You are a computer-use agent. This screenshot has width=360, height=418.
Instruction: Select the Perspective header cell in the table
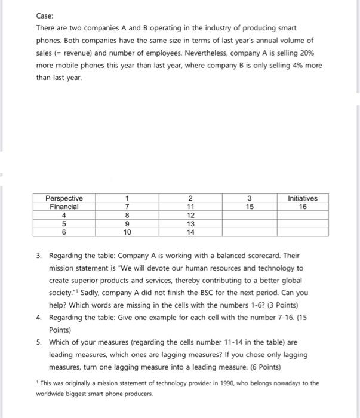tap(64, 198)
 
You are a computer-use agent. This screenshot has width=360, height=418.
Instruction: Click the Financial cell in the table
tap(64, 207)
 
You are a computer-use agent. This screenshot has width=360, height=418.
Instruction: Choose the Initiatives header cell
tap(303, 198)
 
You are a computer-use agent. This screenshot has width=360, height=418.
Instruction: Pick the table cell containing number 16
tap(303, 207)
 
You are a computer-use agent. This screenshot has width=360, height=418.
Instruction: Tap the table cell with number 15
tap(250, 207)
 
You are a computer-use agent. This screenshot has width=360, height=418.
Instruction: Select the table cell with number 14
tap(190, 232)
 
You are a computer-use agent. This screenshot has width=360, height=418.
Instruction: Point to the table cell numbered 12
tap(190, 215)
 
